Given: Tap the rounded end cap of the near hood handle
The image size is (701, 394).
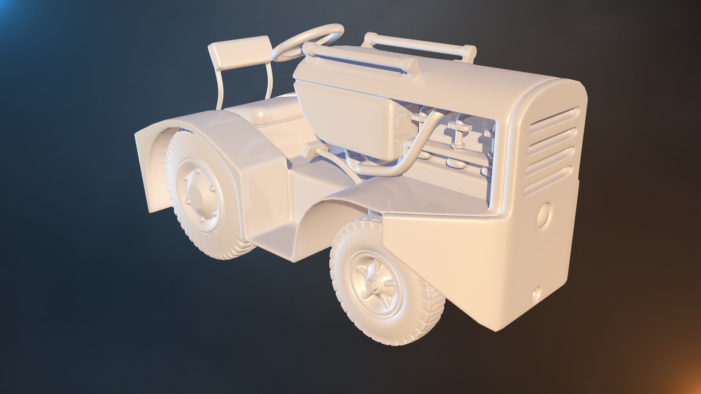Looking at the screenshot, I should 413,66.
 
